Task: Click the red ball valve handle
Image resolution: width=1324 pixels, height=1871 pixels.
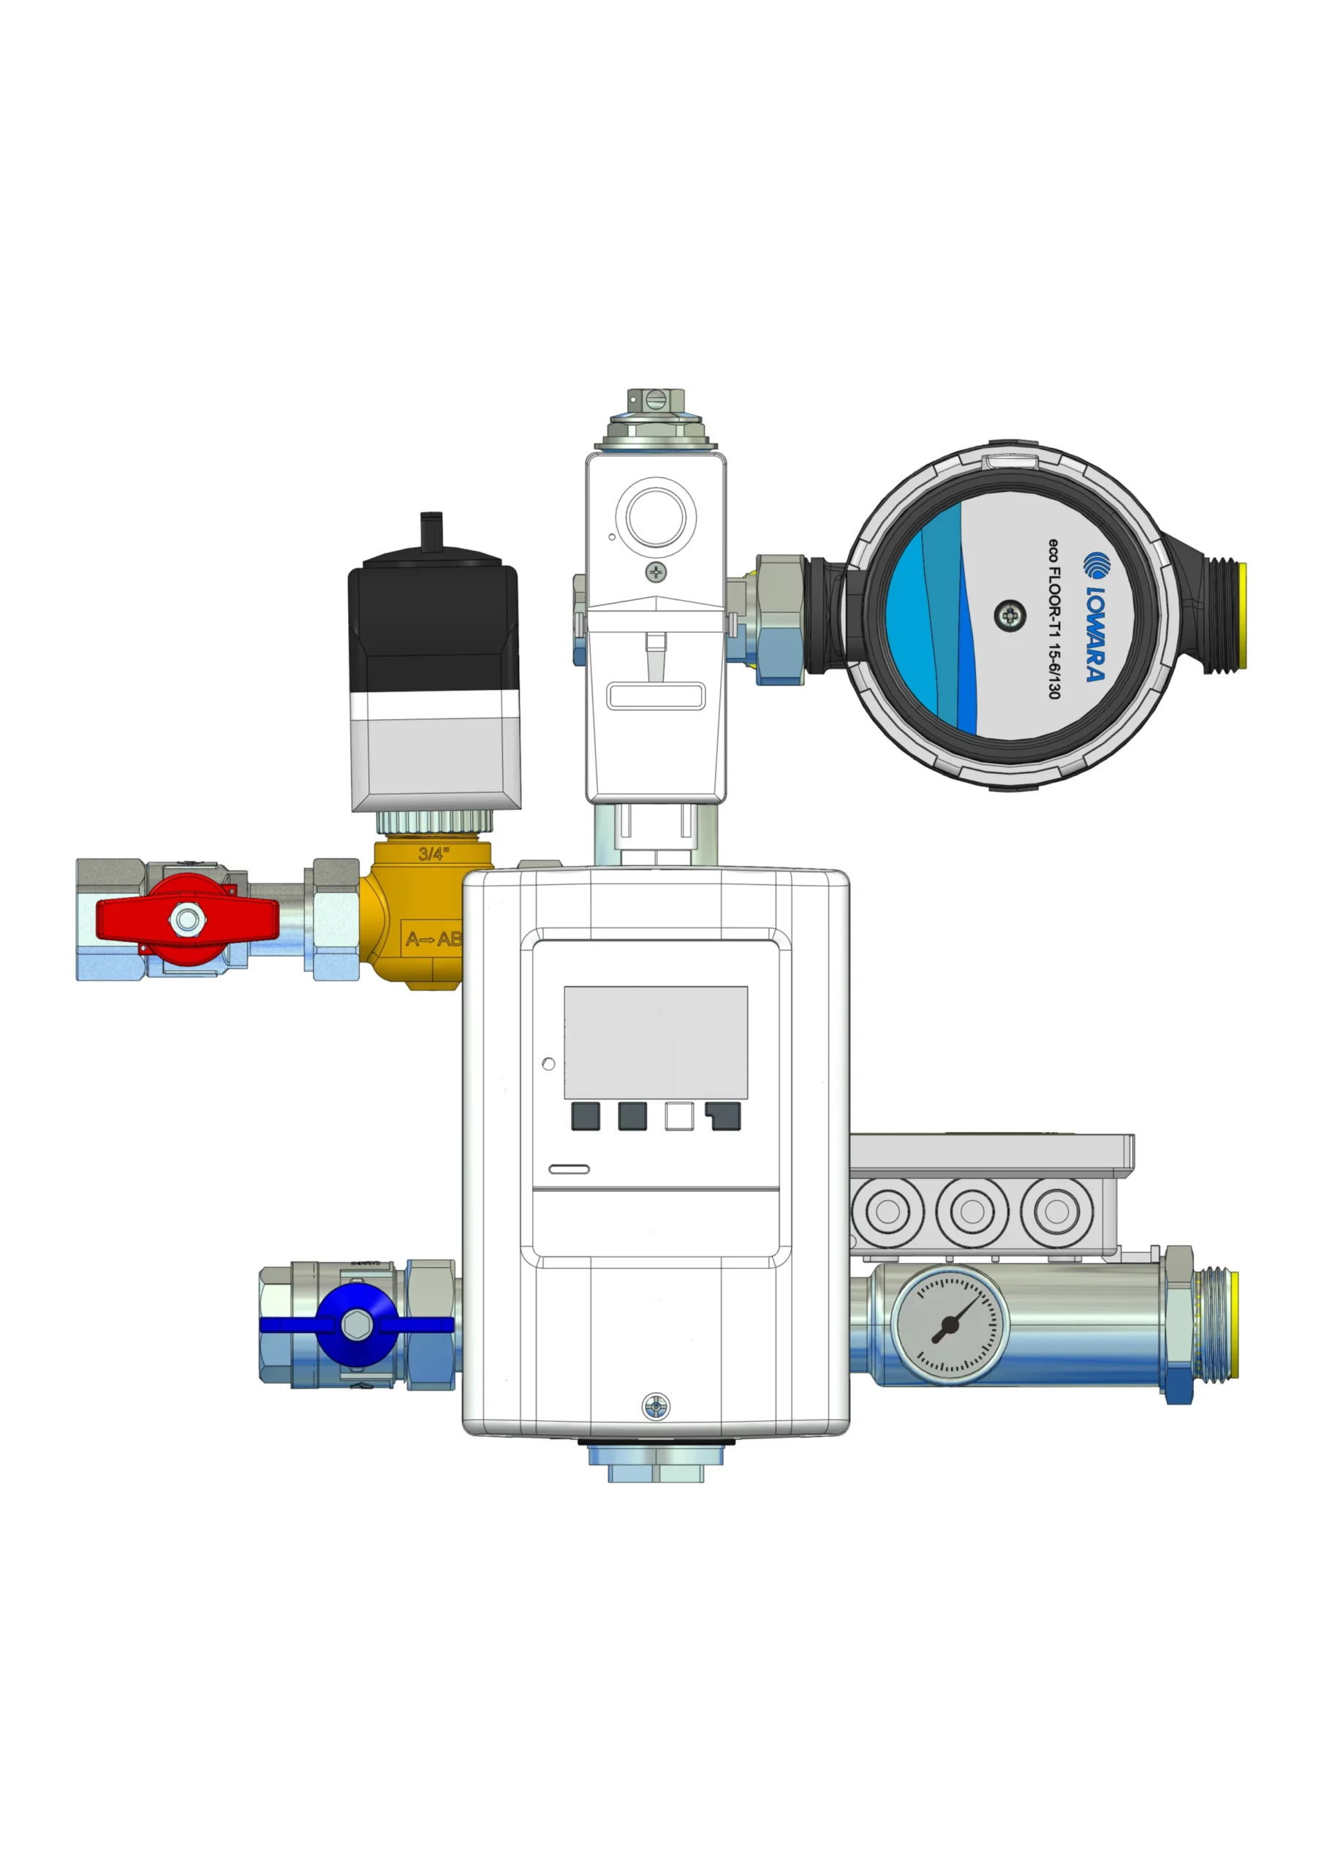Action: (x=187, y=919)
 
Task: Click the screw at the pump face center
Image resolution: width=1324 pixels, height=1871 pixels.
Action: (x=1010, y=615)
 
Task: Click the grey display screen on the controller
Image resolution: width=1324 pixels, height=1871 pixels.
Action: (x=656, y=1042)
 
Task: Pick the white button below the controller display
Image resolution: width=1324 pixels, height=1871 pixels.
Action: (x=679, y=1117)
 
